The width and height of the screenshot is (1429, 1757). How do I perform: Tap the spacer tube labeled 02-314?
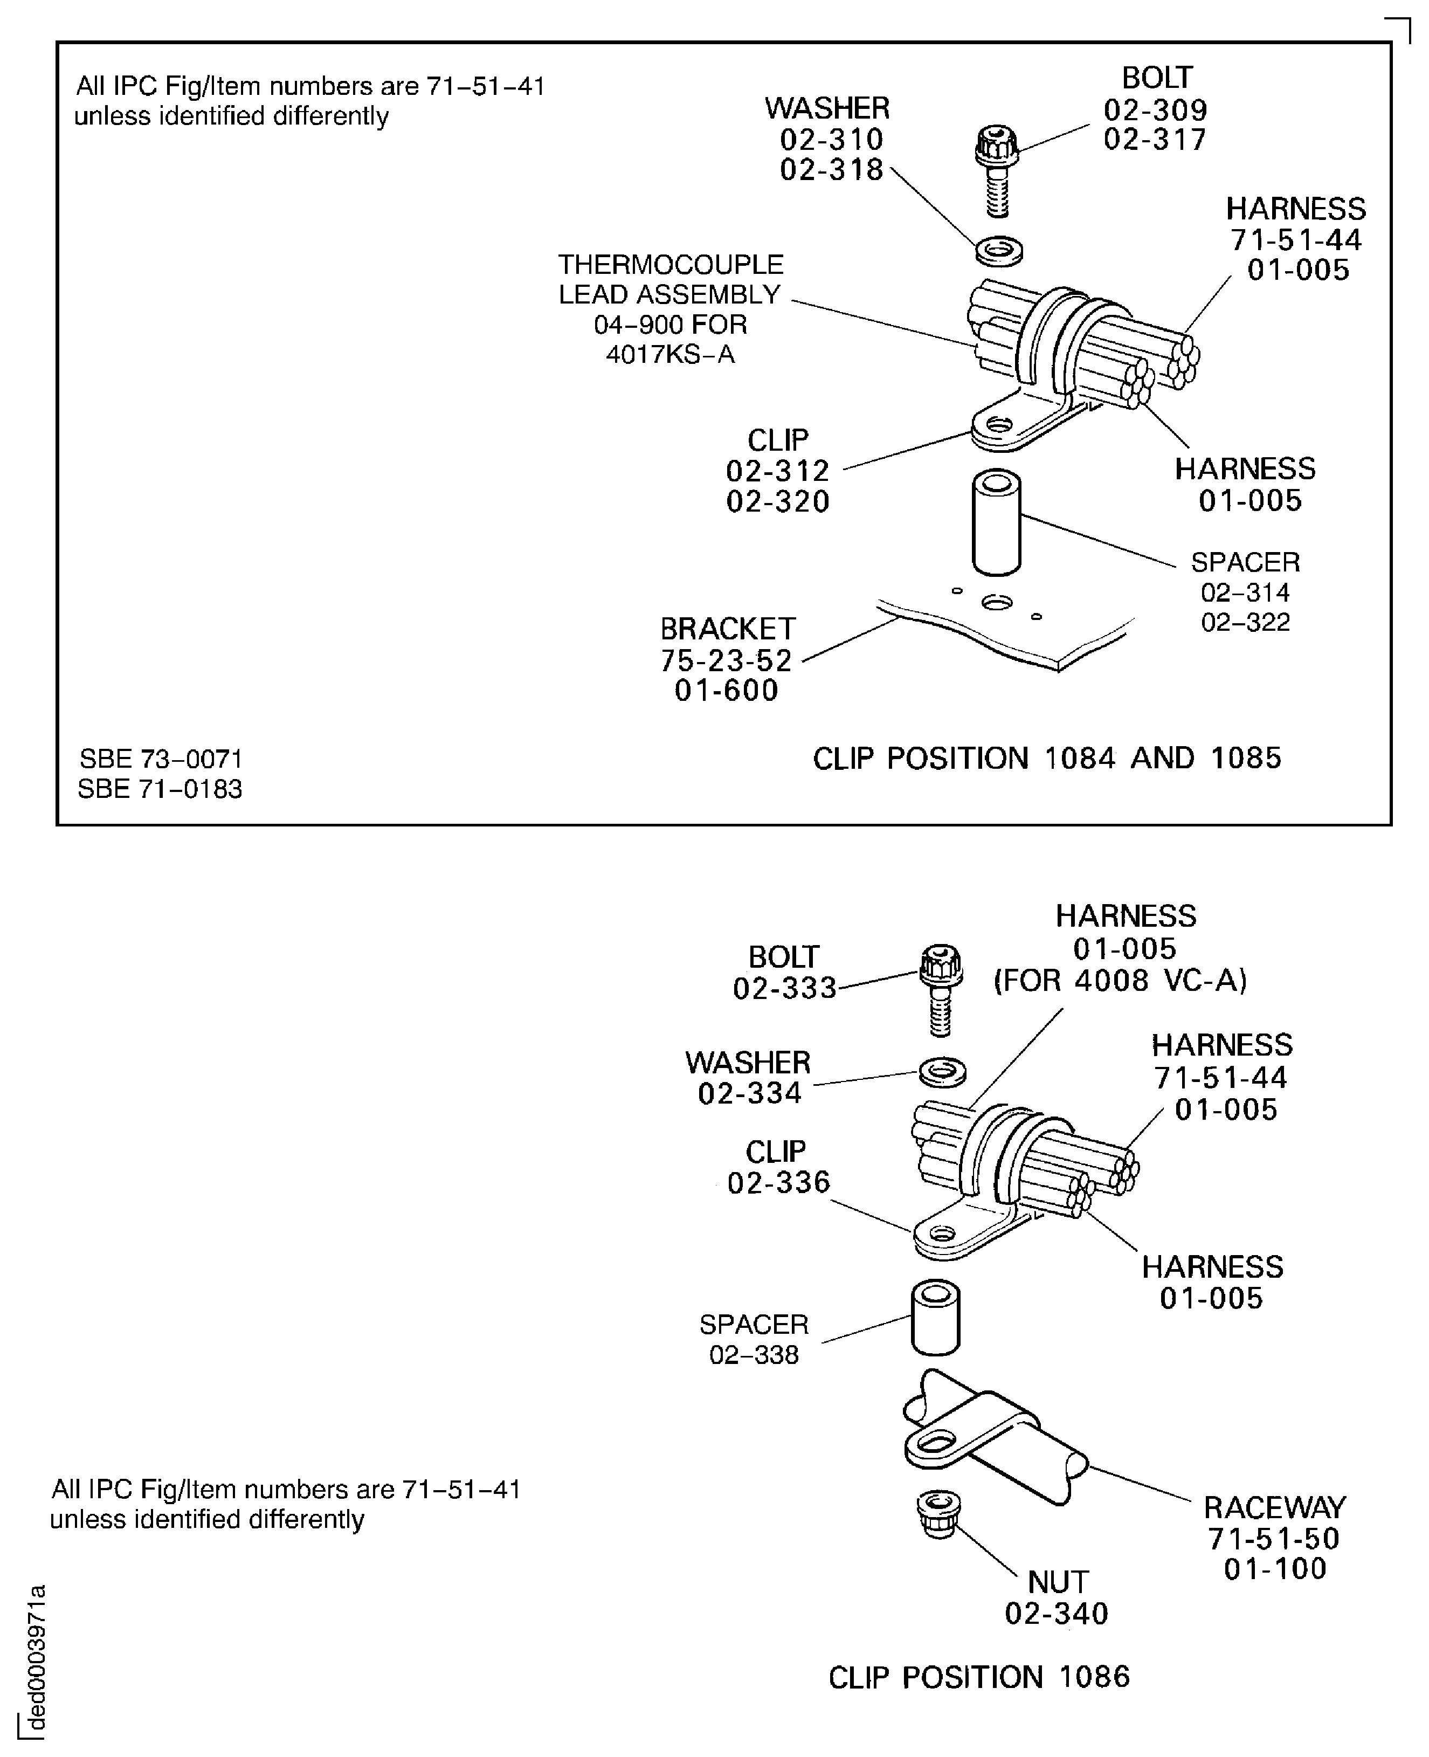pyautogui.click(x=996, y=523)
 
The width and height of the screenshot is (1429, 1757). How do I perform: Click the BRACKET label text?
pyautogui.click(x=728, y=630)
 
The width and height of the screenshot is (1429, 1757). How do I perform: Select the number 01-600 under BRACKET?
pyautogui.click(x=726, y=691)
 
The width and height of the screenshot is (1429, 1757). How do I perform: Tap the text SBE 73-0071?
pyautogui.click(x=161, y=759)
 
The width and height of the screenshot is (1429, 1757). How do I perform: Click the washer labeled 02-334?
pyautogui.click(x=942, y=1072)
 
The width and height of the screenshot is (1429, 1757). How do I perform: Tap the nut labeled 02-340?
pyautogui.click(x=937, y=1513)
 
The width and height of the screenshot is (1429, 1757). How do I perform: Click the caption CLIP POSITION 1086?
pyautogui.click(x=979, y=1677)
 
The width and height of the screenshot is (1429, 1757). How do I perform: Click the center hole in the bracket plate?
pyautogui.click(x=997, y=603)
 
